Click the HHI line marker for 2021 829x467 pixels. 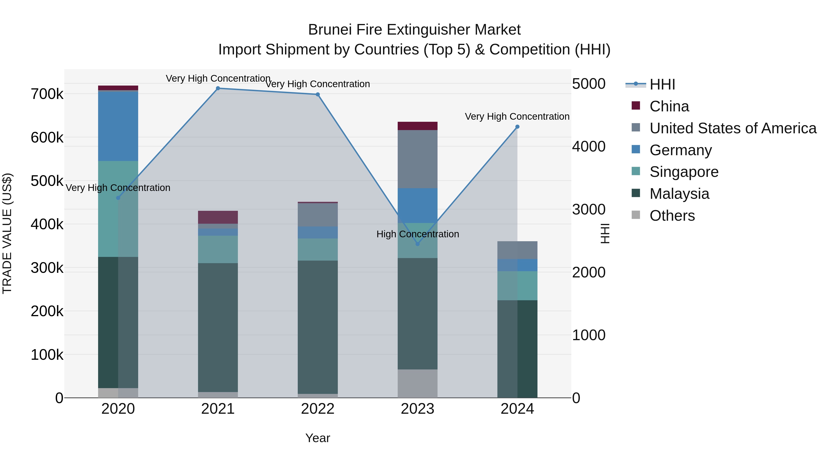click(x=218, y=88)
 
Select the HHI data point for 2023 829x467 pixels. click(x=417, y=244)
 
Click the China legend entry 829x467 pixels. click(x=669, y=106)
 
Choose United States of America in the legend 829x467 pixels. click(x=733, y=128)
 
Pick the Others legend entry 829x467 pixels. click(x=672, y=216)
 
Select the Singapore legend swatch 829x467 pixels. click(x=636, y=171)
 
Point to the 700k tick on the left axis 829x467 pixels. click(x=47, y=94)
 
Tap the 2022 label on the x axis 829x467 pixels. click(x=318, y=409)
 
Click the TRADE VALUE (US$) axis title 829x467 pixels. click(x=7, y=233)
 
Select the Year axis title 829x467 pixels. click(x=318, y=438)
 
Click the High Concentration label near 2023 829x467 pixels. click(x=417, y=234)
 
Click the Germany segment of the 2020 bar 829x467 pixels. click(x=118, y=126)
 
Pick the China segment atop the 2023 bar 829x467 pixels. click(x=417, y=126)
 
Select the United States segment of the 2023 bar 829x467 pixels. click(x=417, y=159)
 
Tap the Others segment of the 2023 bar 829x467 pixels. click(x=417, y=384)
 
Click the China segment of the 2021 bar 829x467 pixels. click(x=218, y=217)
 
